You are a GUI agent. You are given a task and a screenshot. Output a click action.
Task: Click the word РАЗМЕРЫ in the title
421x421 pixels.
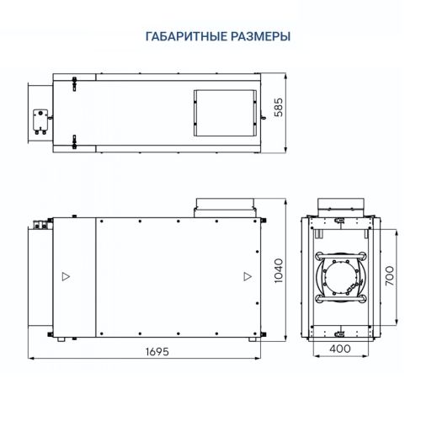[x=260, y=37]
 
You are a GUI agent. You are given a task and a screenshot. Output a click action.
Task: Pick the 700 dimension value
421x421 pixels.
[x=388, y=277]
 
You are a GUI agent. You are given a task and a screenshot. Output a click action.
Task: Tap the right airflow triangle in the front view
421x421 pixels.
[x=246, y=275]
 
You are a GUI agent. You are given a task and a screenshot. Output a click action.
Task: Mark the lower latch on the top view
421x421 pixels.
[x=75, y=145]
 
